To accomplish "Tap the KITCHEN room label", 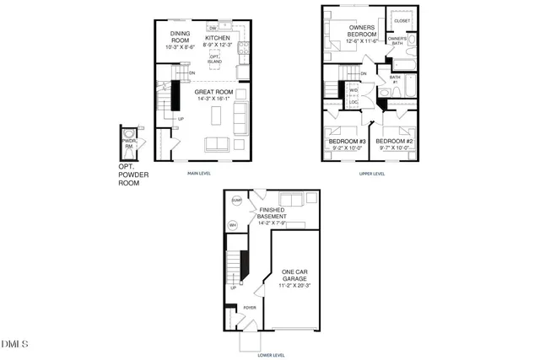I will [x=219, y=39].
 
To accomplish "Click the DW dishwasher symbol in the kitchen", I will [x=224, y=28].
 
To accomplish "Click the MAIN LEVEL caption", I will [x=199, y=174].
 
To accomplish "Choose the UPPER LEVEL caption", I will [x=372, y=174].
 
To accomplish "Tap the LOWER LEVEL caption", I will [x=271, y=355].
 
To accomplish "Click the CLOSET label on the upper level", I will [x=402, y=20].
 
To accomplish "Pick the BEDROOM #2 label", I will [x=393, y=142].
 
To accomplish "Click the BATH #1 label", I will [x=394, y=79].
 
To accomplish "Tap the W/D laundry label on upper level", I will [x=354, y=89].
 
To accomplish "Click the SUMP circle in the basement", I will [x=236, y=201].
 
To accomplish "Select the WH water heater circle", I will [x=233, y=225].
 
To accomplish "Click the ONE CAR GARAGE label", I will [x=294, y=277].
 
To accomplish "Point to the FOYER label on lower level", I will [x=250, y=308].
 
